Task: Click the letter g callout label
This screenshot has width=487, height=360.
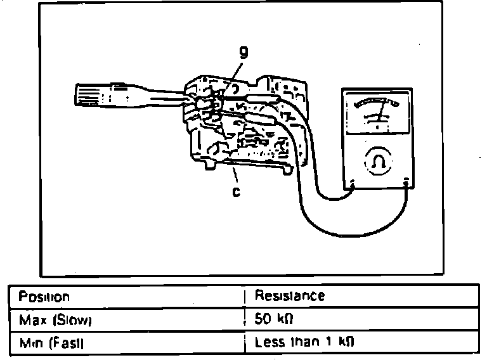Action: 242,54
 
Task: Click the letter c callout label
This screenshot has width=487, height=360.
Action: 236,191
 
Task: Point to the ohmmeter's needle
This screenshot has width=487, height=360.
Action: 380,114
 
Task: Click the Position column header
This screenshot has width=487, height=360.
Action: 44,297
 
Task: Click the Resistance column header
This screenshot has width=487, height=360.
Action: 289,295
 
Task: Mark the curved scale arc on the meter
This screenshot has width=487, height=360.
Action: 377,103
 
